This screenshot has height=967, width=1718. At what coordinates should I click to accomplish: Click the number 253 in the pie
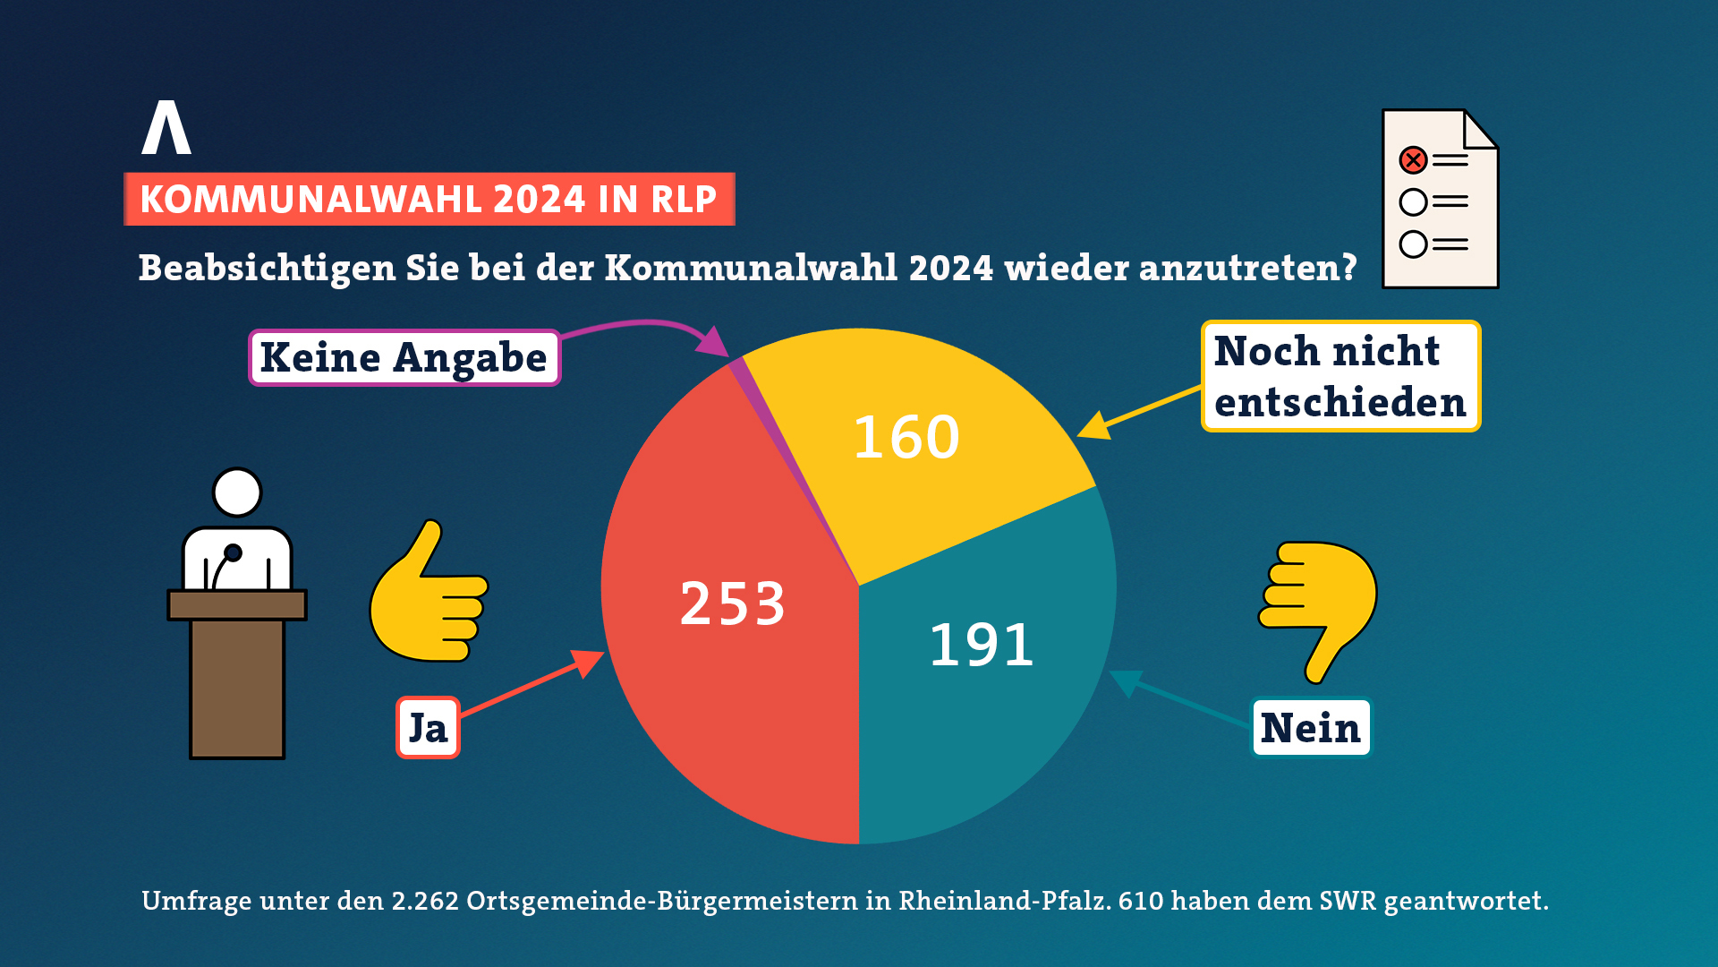(x=733, y=603)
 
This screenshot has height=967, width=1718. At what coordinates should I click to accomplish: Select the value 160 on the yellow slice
(x=906, y=438)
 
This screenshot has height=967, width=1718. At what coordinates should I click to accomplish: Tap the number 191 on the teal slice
(x=982, y=645)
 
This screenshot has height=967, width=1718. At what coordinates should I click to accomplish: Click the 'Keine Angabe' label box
(x=404, y=358)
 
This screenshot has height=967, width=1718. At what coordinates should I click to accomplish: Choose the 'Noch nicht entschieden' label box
(x=1340, y=377)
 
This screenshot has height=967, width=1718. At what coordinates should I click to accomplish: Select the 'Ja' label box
(x=428, y=728)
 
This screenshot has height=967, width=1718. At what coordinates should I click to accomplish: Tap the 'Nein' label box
(x=1310, y=728)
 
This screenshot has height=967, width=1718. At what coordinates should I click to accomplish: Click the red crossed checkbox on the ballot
(x=1413, y=160)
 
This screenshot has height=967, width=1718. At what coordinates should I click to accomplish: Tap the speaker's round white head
(x=237, y=492)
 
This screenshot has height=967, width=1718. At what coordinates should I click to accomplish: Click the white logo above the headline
(x=166, y=127)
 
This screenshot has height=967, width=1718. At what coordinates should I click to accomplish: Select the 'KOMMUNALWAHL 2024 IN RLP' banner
(x=429, y=199)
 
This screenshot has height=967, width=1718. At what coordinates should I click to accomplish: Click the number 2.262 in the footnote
(x=425, y=901)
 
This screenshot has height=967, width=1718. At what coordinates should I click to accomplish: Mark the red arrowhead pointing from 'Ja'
(x=588, y=663)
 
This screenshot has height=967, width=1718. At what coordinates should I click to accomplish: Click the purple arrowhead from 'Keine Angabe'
(x=713, y=342)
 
